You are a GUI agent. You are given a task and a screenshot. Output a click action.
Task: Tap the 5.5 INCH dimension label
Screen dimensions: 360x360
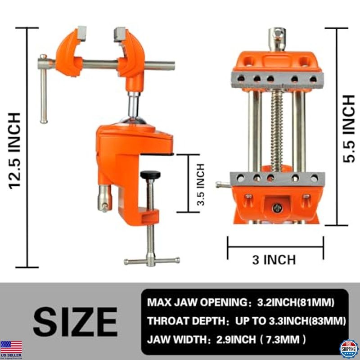(349, 129)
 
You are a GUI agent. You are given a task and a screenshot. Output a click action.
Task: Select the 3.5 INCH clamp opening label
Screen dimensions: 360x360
(200, 184)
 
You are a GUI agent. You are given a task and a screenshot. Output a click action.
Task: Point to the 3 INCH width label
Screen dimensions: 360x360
(274, 260)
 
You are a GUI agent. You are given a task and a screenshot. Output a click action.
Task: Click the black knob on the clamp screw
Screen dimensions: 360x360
(150, 174)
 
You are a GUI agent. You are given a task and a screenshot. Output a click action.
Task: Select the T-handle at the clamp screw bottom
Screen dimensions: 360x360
(152, 261)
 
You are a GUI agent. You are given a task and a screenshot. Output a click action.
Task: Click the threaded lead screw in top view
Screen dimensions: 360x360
(277, 130)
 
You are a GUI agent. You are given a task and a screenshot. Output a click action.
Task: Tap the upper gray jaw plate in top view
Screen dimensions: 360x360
(277, 78)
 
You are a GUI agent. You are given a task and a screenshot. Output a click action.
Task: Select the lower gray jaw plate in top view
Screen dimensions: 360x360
(277, 178)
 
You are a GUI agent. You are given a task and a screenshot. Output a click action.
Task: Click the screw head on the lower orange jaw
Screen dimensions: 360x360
(278, 207)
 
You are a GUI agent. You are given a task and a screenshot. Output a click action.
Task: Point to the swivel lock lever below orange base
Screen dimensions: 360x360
(103, 200)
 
